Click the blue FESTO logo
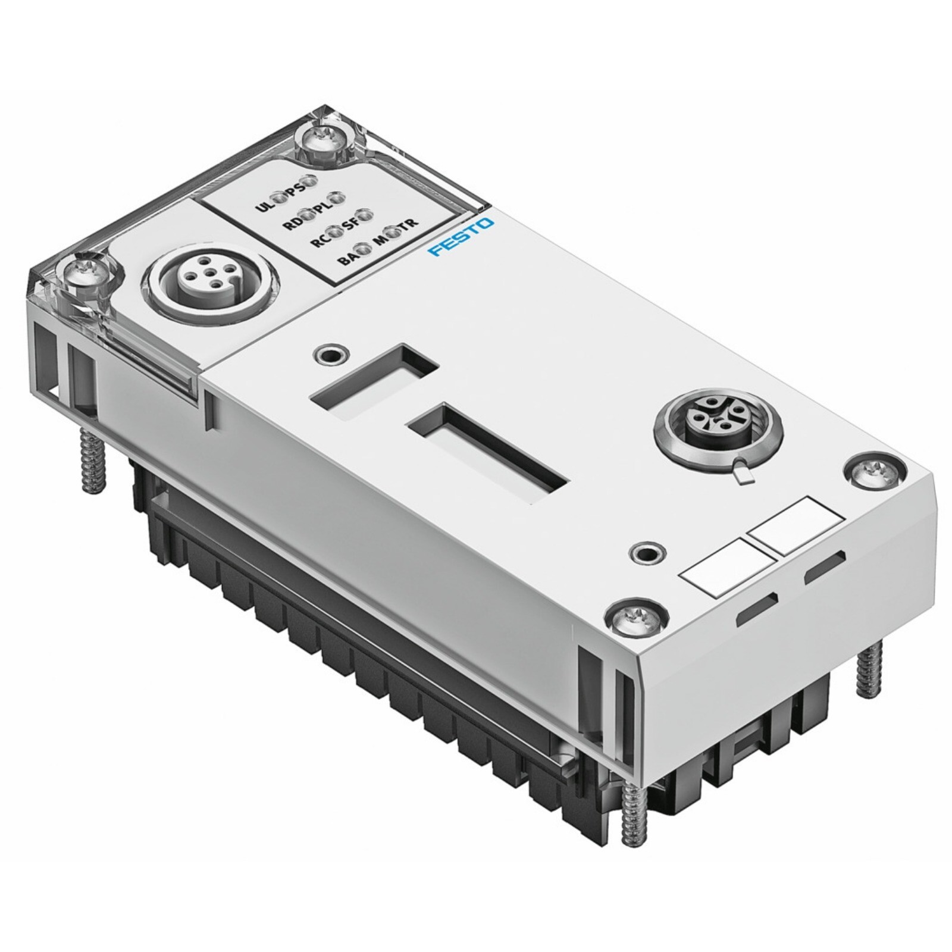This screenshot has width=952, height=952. [461, 237]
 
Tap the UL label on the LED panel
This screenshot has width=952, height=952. [262, 208]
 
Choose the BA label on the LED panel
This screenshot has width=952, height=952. [346, 259]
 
